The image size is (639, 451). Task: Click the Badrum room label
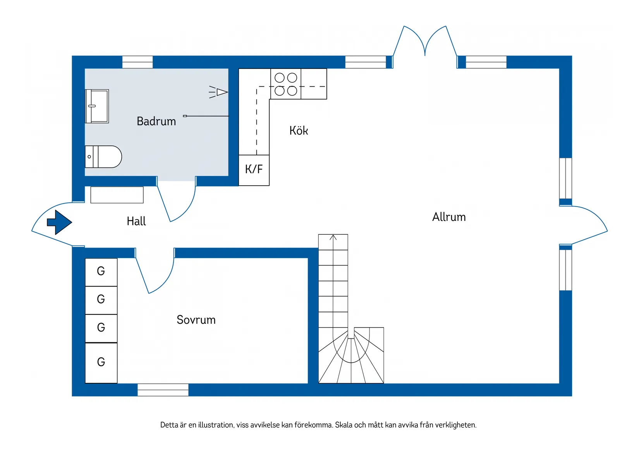point(156,121)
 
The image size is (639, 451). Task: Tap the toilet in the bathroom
point(103,157)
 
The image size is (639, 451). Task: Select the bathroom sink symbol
point(97,106)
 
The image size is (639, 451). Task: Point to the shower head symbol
point(220,92)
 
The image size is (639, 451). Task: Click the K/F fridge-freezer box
point(254,170)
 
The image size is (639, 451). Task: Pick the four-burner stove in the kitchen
point(285,84)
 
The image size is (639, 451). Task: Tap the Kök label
point(299,131)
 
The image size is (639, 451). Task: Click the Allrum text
point(449,217)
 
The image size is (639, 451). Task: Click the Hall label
point(136,221)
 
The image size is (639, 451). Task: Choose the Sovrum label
point(196,320)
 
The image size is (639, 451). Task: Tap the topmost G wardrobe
point(101,272)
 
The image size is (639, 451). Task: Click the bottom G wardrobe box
point(101,362)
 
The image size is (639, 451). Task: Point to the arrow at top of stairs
point(333,237)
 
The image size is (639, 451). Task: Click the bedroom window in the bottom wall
point(163,390)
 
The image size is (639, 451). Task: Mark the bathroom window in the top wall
point(137,62)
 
